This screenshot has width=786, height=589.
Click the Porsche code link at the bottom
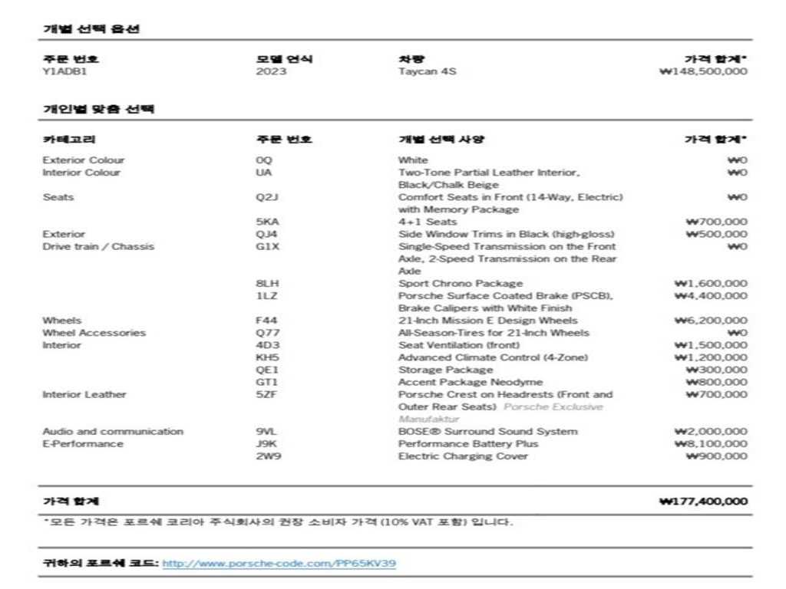(x=279, y=564)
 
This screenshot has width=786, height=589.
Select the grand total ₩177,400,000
(x=702, y=502)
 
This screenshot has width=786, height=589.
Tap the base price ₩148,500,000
(x=702, y=71)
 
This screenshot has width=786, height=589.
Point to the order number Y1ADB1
(x=59, y=71)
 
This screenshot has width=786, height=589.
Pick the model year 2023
(x=271, y=71)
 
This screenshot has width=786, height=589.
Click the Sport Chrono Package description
(x=460, y=284)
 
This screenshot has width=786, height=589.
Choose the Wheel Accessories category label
(x=94, y=333)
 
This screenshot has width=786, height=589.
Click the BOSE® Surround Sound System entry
(x=487, y=432)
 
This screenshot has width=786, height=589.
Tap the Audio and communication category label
(x=113, y=432)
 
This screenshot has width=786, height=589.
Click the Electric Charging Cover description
(x=463, y=456)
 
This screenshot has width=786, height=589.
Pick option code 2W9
(x=266, y=456)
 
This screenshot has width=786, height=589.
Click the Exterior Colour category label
(x=83, y=160)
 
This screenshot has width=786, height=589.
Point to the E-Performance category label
(x=82, y=444)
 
